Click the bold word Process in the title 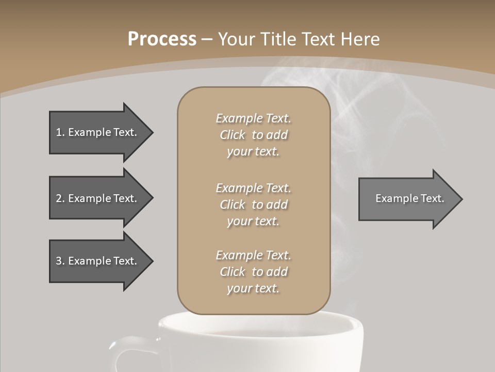click(x=162, y=39)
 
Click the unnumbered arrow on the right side click(x=407, y=199)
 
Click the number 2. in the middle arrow click(x=60, y=198)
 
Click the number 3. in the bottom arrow click(x=60, y=261)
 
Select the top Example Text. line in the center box click(x=253, y=118)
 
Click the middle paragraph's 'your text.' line click(x=253, y=221)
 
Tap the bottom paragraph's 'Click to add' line click(x=253, y=272)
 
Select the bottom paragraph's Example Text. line click(x=253, y=255)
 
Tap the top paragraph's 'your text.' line click(x=253, y=152)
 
